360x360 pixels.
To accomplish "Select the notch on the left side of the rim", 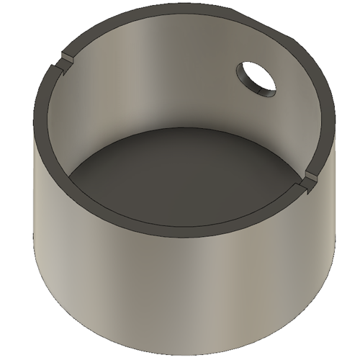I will point(63,61).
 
